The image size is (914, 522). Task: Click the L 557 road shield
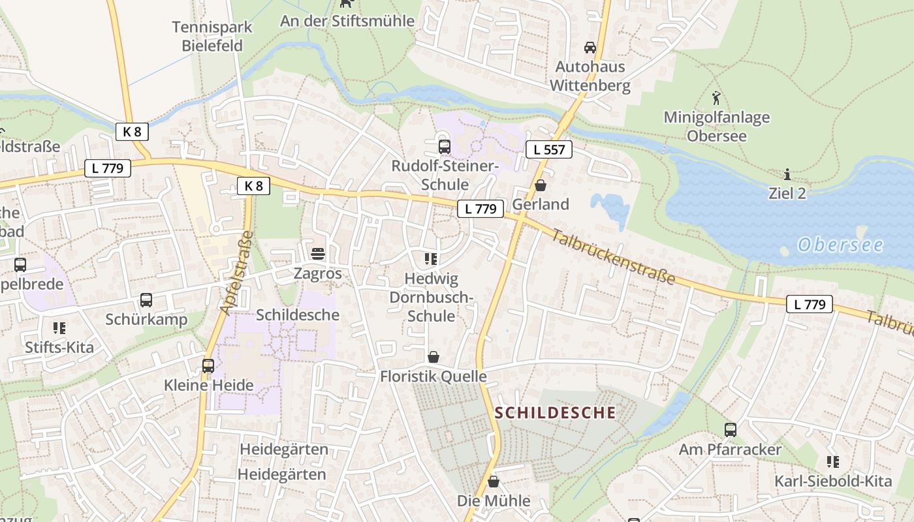click(x=548, y=149)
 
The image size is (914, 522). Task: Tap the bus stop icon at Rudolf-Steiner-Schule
click(x=445, y=146)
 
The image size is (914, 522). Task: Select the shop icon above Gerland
click(x=540, y=185)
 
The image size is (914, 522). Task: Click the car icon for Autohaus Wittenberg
click(x=590, y=48)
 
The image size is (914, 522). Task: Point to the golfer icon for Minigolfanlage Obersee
click(x=716, y=99)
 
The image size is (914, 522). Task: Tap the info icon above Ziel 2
click(x=787, y=174)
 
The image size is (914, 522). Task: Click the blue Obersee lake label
click(x=840, y=245)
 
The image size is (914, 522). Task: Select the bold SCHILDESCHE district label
click(x=555, y=412)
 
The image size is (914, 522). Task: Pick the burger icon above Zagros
click(x=318, y=253)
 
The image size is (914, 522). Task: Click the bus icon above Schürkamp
click(x=146, y=300)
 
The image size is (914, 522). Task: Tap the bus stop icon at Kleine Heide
click(x=208, y=366)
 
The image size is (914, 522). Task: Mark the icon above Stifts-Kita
click(x=59, y=328)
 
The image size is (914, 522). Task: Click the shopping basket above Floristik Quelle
click(x=433, y=357)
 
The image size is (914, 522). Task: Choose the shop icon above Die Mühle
click(x=494, y=482)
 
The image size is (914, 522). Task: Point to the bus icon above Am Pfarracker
click(x=730, y=430)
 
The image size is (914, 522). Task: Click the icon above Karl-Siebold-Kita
click(x=832, y=462)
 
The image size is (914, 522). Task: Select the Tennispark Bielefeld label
click(x=212, y=37)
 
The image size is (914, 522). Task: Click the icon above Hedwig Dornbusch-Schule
click(x=430, y=259)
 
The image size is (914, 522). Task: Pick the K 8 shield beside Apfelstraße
click(x=253, y=186)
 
